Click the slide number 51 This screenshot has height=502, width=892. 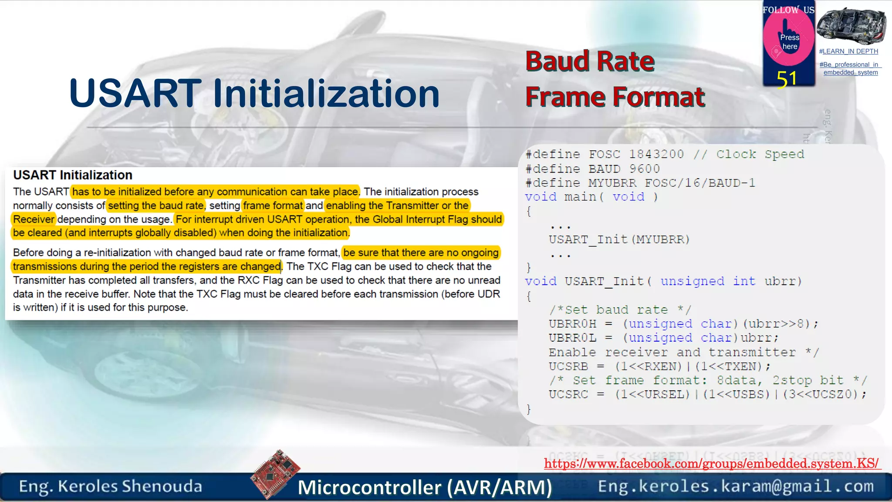click(x=787, y=80)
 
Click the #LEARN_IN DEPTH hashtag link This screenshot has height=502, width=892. click(x=848, y=51)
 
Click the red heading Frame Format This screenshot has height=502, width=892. click(x=615, y=97)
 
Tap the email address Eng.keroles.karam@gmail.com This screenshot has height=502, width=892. click(x=736, y=486)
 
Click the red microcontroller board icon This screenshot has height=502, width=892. click(x=275, y=474)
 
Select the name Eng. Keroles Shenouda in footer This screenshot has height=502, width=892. click(x=111, y=486)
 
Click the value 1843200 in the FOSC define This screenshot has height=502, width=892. click(x=656, y=154)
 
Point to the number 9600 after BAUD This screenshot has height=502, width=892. click(x=644, y=169)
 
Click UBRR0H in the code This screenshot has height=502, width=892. click(x=572, y=324)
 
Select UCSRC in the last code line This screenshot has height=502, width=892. click(x=568, y=394)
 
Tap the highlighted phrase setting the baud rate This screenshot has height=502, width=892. click(x=156, y=206)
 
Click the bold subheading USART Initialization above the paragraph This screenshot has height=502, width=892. click(x=73, y=175)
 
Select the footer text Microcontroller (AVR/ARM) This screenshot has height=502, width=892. click(x=425, y=487)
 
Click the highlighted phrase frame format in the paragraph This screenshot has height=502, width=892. click(x=273, y=206)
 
